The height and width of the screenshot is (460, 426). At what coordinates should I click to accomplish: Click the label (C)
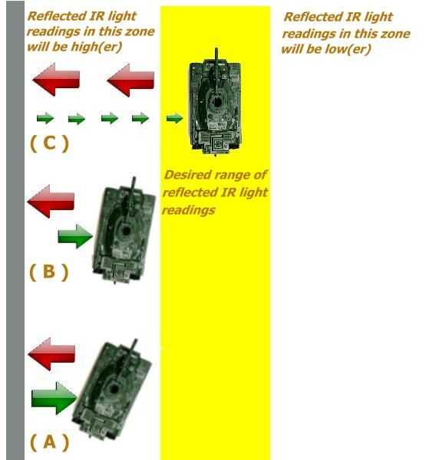click(x=49, y=143)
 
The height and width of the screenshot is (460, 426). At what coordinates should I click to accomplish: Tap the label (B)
click(x=49, y=271)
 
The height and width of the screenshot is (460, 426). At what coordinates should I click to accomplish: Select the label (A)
click(x=49, y=442)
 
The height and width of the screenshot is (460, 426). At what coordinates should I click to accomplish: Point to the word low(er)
click(x=348, y=49)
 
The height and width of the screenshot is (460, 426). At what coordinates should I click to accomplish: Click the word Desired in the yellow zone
click(x=184, y=175)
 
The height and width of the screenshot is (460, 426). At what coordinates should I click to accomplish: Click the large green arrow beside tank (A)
click(x=54, y=398)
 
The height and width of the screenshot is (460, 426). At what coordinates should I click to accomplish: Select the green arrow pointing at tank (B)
click(x=75, y=236)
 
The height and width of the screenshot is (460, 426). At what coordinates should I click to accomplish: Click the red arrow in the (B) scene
click(x=51, y=201)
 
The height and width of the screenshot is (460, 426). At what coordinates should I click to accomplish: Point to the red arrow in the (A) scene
click(x=51, y=354)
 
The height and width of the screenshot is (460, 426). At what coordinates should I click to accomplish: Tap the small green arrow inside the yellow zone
click(x=174, y=118)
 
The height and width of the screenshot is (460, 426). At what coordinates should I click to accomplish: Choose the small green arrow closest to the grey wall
click(x=45, y=119)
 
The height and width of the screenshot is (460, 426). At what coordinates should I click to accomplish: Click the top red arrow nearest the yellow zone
click(x=130, y=80)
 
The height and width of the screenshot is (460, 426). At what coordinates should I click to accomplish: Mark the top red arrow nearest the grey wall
click(x=56, y=80)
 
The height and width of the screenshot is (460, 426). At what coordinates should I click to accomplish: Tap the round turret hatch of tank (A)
click(x=114, y=389)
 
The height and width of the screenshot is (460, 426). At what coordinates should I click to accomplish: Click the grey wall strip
click(x=15, y=230)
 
